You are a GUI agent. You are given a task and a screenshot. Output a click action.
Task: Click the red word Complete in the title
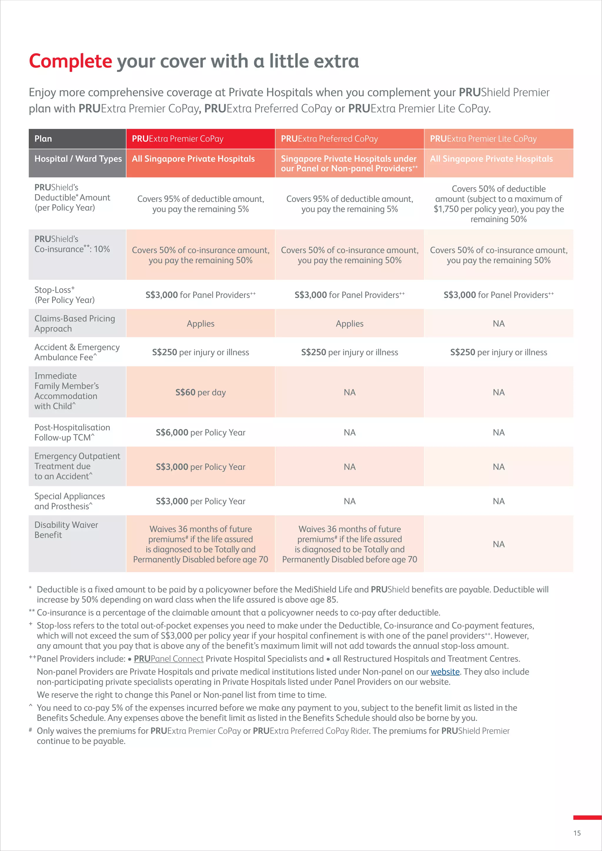(x=71, y=61)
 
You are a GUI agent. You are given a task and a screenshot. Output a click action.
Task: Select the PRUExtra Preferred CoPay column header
(x=329, y=139)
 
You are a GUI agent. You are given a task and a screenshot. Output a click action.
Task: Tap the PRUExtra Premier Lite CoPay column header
(x=483, y=139)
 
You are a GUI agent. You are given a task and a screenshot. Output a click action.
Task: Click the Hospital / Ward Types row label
(x=78, y=159)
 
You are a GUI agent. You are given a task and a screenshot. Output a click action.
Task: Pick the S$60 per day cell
(x=200, y=392)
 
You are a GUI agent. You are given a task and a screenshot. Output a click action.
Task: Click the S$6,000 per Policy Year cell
(x=200, y=433)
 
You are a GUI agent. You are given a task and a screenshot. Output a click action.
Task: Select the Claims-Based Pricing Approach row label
(x=74, y=324)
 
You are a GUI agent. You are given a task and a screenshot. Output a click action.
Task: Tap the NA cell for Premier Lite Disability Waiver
(x=499, y=544)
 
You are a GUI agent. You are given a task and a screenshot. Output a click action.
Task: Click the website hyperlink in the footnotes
(x=445, y=672)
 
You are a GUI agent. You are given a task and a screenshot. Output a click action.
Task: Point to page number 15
(x=577, y=833)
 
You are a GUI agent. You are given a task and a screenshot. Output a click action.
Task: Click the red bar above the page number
(x=587, y=817)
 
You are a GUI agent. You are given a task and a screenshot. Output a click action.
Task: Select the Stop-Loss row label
(x=64, y=295)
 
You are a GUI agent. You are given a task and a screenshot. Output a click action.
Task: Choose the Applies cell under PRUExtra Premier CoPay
(x=200, y=324)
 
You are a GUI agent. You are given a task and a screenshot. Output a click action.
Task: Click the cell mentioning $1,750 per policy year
(x=499, y=204)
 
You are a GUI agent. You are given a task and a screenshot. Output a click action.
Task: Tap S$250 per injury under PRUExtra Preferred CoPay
(x=350, y=352)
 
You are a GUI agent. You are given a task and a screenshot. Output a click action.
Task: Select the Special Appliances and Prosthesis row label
(x=69, y=501)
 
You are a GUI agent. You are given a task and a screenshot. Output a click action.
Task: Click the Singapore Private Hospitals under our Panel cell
(x=349, y=163)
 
